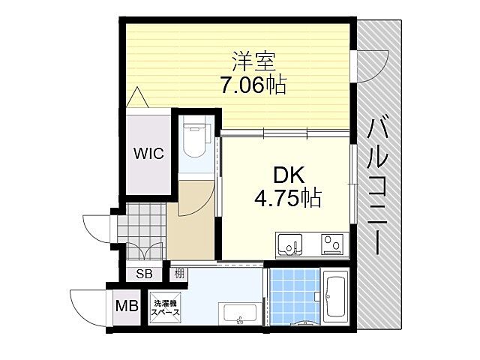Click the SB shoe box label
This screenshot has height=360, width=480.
click(143, 274)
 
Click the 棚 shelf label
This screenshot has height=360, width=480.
click(179, 273)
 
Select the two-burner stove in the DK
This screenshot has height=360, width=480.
click(331, 244)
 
